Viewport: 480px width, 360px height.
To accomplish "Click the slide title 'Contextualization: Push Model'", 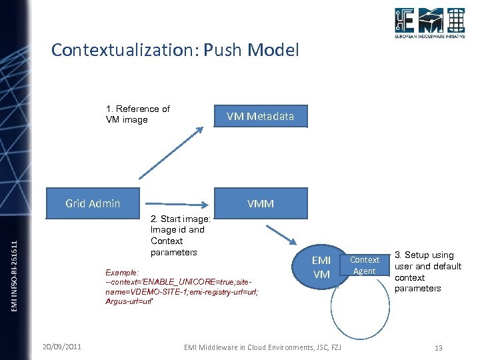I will [x=175, y=50].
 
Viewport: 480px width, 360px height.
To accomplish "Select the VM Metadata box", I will [x=260, y=117].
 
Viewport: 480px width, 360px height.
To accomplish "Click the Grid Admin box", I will [x=93, y=203].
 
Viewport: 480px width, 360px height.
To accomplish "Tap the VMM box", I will [x=260, y=203].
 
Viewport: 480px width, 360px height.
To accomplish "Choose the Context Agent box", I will [x=365, y=265].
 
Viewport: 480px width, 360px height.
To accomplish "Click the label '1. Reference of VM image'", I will [x=137, y=114].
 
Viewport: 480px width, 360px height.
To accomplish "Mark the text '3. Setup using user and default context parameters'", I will [x=427, y=271].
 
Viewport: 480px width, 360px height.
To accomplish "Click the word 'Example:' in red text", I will [x=122, y=273].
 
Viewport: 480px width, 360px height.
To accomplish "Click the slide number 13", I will [x=438, y=348].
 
